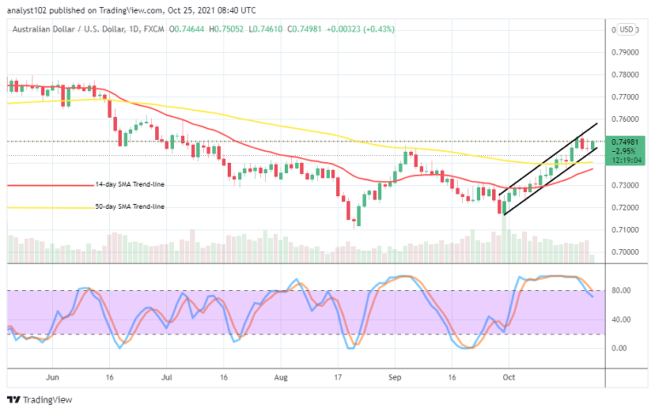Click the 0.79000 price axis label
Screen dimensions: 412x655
click(x=627, y=52)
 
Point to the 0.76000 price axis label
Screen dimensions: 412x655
click(x=627, y=119)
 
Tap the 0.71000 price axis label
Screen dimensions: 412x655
click(x=627, y=230)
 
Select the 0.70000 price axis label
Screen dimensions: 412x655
click(x=627, y=252)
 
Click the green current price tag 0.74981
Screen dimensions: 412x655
click(x=627, y=142)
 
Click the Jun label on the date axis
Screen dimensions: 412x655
click(x=52, y=374)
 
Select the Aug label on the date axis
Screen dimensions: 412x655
click(x=282, y=374)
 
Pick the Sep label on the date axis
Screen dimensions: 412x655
click(x=395, y=374)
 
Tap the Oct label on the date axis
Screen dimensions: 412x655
click(x=507, y=374)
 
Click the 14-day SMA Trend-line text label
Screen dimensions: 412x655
click(x=130, y=184)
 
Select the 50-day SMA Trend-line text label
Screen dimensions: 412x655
click(x=130, y=206)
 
